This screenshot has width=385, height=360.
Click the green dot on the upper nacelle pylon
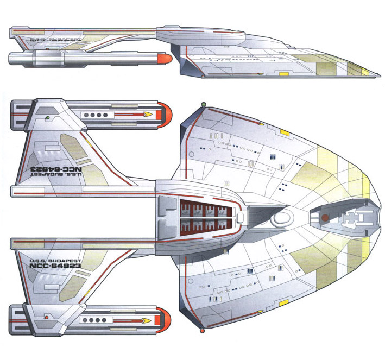tap(48, 117)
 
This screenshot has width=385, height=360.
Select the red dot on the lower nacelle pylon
tap(47, 317)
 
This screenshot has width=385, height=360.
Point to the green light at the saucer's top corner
tap(203, 103)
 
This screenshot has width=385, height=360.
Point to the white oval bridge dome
tap(282, 218)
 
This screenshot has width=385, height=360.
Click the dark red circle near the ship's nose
tap(324, 218)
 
